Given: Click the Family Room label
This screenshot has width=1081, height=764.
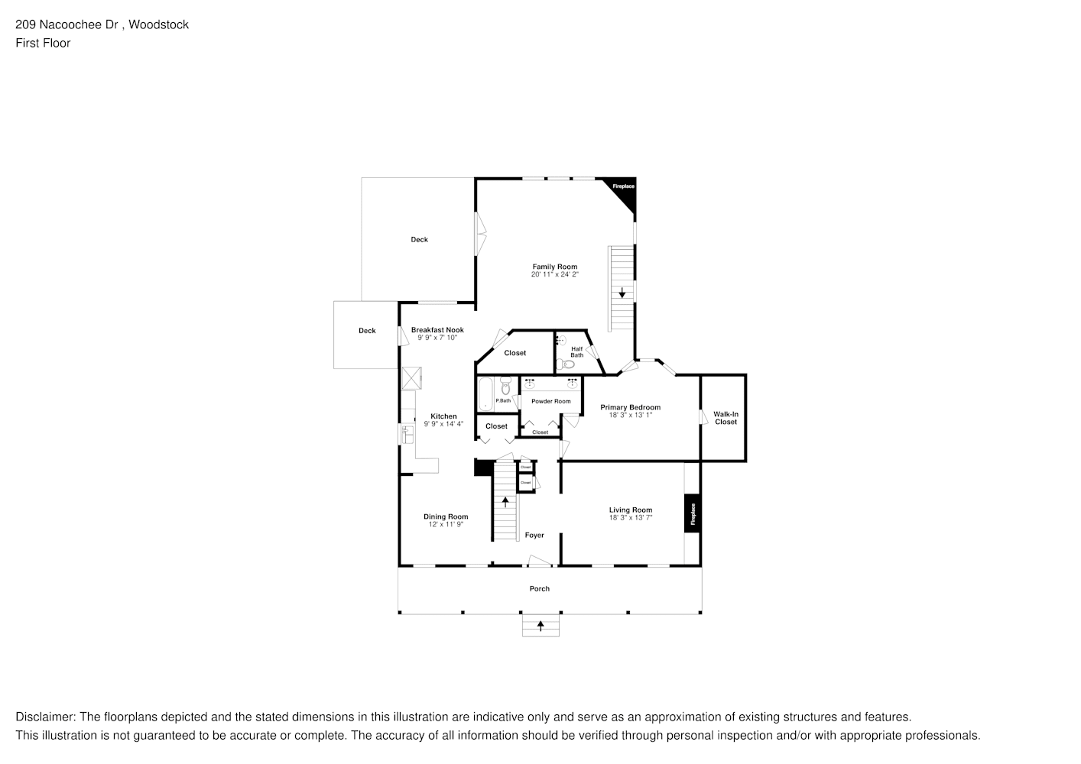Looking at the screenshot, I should click(x=555, y=267).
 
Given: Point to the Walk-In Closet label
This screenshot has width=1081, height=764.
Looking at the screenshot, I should click(x=726, y=418).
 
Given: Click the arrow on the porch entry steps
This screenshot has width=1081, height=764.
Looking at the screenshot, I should click(x=540, y=626).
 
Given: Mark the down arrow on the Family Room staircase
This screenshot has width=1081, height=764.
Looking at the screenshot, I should click(x=622, y=292).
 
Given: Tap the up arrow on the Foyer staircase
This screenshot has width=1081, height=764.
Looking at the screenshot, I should click(x=505, y=501).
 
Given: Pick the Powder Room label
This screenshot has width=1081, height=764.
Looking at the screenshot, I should click(x=551, y=401).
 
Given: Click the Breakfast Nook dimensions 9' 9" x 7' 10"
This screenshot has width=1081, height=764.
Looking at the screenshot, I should click(x=437, y=338).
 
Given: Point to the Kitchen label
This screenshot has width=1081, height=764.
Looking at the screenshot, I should click(x=443, y=416).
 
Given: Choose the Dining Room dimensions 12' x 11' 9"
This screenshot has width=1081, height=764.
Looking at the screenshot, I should click(x=446, y=525).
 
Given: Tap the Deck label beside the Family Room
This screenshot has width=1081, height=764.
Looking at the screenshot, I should click(x=420, y=240).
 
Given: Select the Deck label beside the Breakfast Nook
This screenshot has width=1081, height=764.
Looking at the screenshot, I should click(x=367, y=331).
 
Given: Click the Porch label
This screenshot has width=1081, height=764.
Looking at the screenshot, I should click(x=540, y=588).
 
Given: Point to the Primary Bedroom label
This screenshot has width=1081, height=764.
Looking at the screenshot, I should click(x=630, y=407).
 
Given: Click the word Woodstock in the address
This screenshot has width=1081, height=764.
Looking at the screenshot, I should click(x=158, y=24).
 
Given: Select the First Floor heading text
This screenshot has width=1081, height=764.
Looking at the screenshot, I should click(x=43, y=43).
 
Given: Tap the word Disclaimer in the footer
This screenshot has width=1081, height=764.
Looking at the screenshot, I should click(x=44, y=717).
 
